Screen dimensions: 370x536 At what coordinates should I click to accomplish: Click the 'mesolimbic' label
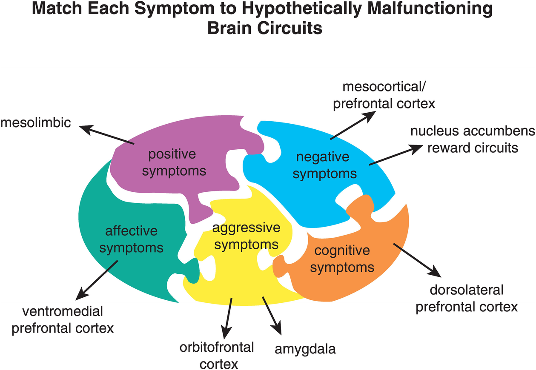(35, 123)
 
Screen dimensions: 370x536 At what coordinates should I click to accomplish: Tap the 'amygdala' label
(305, 349)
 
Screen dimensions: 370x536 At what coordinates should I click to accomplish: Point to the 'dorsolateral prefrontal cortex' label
(467, 298)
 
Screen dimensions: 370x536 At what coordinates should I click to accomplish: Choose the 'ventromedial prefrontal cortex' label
(63, 320)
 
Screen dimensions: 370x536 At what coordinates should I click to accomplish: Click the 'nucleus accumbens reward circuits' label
(473, 139)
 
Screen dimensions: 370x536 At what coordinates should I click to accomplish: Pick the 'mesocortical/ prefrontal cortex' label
(384, 96)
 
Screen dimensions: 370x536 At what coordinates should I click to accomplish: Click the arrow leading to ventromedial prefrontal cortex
(97, 280)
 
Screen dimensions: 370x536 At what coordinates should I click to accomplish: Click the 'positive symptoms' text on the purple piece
(174, 162)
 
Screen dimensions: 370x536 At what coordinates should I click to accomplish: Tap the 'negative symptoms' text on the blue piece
(325, 165)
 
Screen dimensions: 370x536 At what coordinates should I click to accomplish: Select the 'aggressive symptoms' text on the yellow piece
(246, 236)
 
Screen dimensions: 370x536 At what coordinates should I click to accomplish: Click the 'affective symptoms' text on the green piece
(131, 239)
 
